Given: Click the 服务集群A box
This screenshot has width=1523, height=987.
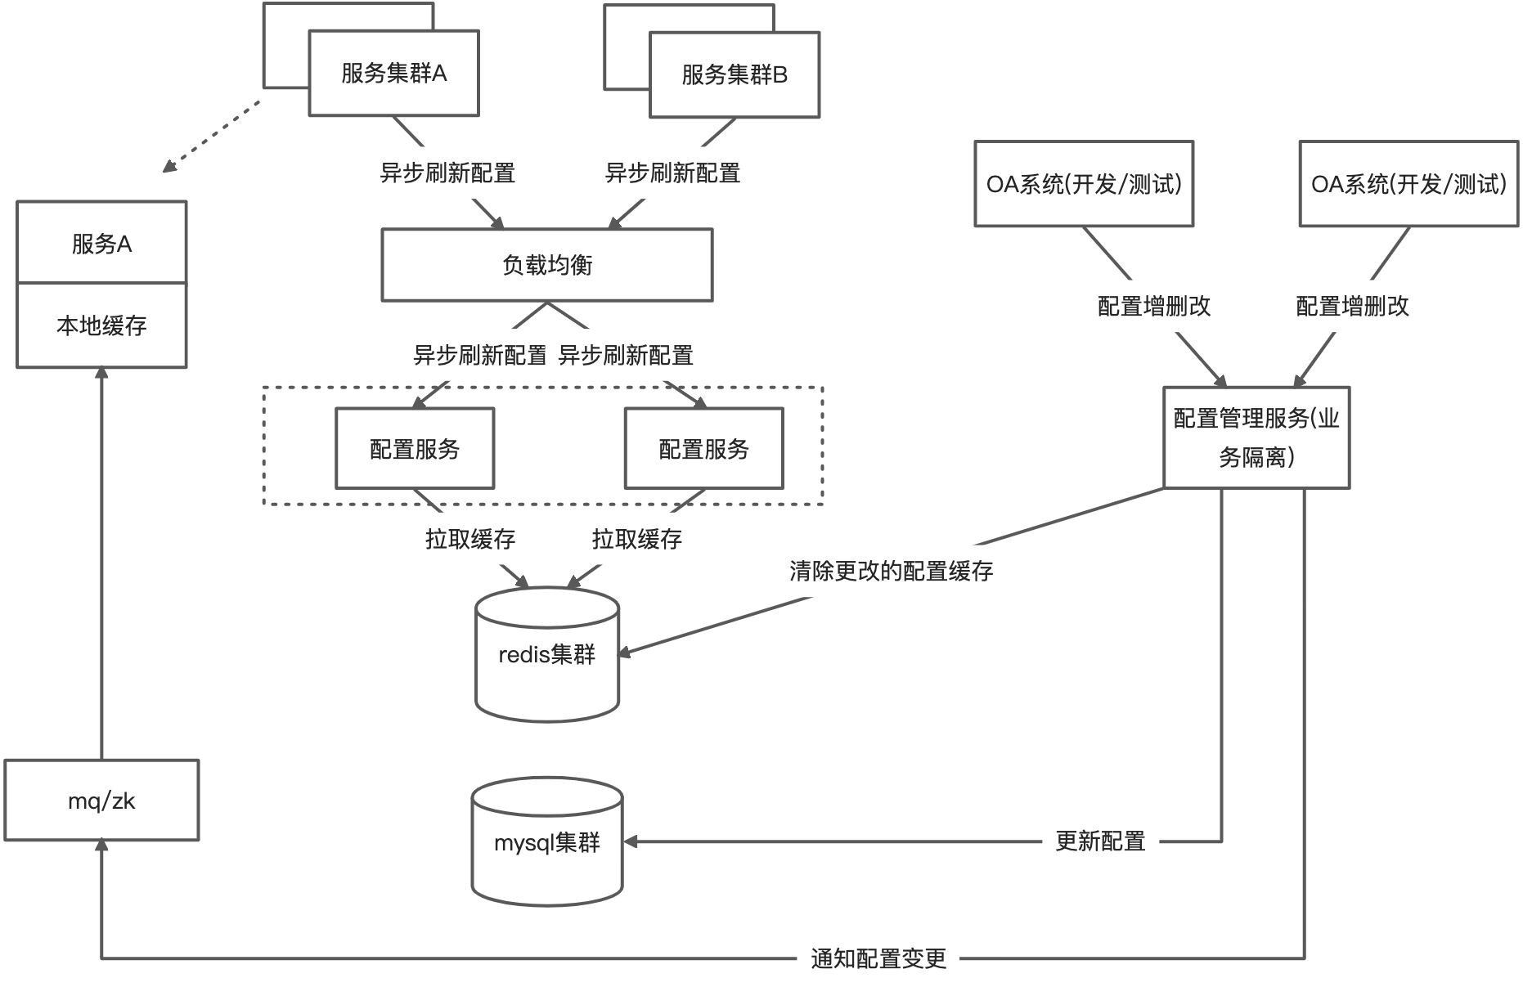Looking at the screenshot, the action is click(393, 74).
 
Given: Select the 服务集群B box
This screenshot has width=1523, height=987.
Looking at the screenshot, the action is click(735, 75).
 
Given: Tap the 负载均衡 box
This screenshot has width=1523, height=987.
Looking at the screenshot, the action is click(547, 265).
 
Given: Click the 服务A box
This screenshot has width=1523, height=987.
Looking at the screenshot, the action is click(101, 243).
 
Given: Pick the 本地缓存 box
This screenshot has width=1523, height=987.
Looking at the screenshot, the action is click(101, 325).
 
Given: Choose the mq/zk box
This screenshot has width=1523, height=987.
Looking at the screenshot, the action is click(101, 801).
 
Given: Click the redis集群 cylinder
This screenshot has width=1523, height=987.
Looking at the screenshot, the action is click(547, 654).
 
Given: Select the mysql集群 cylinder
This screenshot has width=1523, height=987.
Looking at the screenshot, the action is click(547, 841).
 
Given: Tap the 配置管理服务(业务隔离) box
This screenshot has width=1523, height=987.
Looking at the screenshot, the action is click(1256, 437).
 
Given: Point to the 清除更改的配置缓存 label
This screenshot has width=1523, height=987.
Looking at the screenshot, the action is click(892, 571).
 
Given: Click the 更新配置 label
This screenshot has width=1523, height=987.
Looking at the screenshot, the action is click(1100, 841).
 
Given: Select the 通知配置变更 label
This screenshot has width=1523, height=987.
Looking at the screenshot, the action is click(878, 958).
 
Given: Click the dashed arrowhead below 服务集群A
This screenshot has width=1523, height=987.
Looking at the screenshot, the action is click(169, 166).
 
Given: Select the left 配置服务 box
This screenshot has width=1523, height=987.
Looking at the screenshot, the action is click(415, 449).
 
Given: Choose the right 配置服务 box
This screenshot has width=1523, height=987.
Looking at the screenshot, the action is click(703, 449).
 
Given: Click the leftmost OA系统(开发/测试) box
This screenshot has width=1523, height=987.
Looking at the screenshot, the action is click(1084, 184).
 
